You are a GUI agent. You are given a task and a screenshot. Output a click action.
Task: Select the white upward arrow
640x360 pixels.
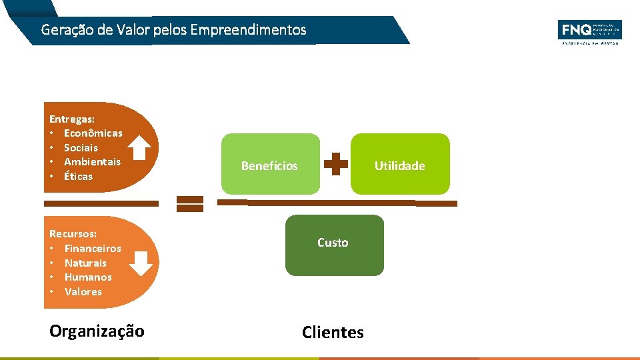point(139,148)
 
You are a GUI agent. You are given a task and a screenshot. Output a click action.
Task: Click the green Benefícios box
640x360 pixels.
point(270,165)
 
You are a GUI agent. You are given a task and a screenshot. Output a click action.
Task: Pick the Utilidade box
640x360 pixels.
point(400,165)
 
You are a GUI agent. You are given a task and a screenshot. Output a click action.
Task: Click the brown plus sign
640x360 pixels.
point(335,165)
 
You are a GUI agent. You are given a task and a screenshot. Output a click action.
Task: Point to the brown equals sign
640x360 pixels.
point(190,204)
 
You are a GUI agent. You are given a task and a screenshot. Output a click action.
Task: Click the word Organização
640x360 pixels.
point(97,331)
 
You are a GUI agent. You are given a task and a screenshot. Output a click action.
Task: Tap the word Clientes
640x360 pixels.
point(333,332)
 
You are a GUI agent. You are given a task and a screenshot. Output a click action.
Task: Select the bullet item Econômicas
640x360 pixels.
point(93,133)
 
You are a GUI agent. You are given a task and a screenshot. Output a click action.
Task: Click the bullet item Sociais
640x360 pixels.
point(81,148)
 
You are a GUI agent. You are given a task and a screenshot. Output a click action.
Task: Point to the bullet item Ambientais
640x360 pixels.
point(92,162)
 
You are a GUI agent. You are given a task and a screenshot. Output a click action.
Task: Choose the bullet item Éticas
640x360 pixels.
point(78,177)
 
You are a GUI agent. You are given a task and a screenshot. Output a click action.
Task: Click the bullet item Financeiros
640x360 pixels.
point(93,249)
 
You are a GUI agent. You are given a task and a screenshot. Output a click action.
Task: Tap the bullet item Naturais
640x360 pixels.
point(85,263)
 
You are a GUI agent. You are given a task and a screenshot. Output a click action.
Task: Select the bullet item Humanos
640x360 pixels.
point(88,277)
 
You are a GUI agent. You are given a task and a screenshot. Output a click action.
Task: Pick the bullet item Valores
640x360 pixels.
point(83,292)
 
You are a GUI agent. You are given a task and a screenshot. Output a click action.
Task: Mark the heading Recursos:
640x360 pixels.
point(73,234)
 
